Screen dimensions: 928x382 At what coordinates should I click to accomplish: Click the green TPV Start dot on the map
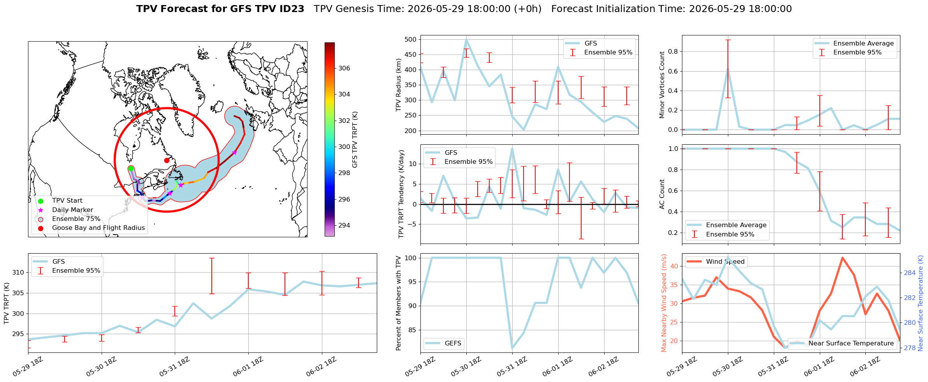pyautogui.click(x=131, y=168)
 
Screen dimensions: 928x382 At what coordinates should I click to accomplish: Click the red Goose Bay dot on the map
pyautogui.click(x=167, y=160)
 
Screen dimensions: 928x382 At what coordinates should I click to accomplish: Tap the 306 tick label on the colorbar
pyautogui.click(x=344, y=68)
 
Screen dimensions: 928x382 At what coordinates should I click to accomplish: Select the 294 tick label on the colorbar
pyautogui.click(x=344, y=225)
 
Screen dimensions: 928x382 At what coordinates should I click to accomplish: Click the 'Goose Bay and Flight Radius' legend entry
pyautogui.click(x=98, y=228)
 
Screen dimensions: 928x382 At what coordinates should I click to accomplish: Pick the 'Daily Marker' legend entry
pyautogui.click(x=73, y=210)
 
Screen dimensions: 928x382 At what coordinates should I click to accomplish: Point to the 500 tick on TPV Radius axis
pyautogui.click(x=411, y=39)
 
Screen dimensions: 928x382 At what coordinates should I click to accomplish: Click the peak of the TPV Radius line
pyautogui.click(x=466, y=39)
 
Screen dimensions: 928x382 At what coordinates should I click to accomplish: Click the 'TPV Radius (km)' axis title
pyautogui.click(x=398, y=85)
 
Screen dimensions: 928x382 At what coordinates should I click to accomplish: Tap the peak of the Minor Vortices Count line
pyautogui.click(x=728, y=69)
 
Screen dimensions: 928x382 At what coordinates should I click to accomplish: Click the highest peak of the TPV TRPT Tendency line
pyautogui.click(x=512, y=149)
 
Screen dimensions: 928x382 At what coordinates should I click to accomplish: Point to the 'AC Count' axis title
pyautogui.click(x=662, y=194)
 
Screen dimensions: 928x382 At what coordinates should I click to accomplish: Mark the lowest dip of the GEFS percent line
pyautogui.click(x=512, y=348)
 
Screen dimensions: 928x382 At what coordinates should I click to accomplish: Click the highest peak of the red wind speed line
pyautogui.click(x=842, y=258)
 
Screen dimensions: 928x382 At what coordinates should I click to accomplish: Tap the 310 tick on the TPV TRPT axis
pyautogui.click(x=18, y=272)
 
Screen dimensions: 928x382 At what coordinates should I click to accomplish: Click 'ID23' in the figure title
pyautogui.click(x=292, y=9)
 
